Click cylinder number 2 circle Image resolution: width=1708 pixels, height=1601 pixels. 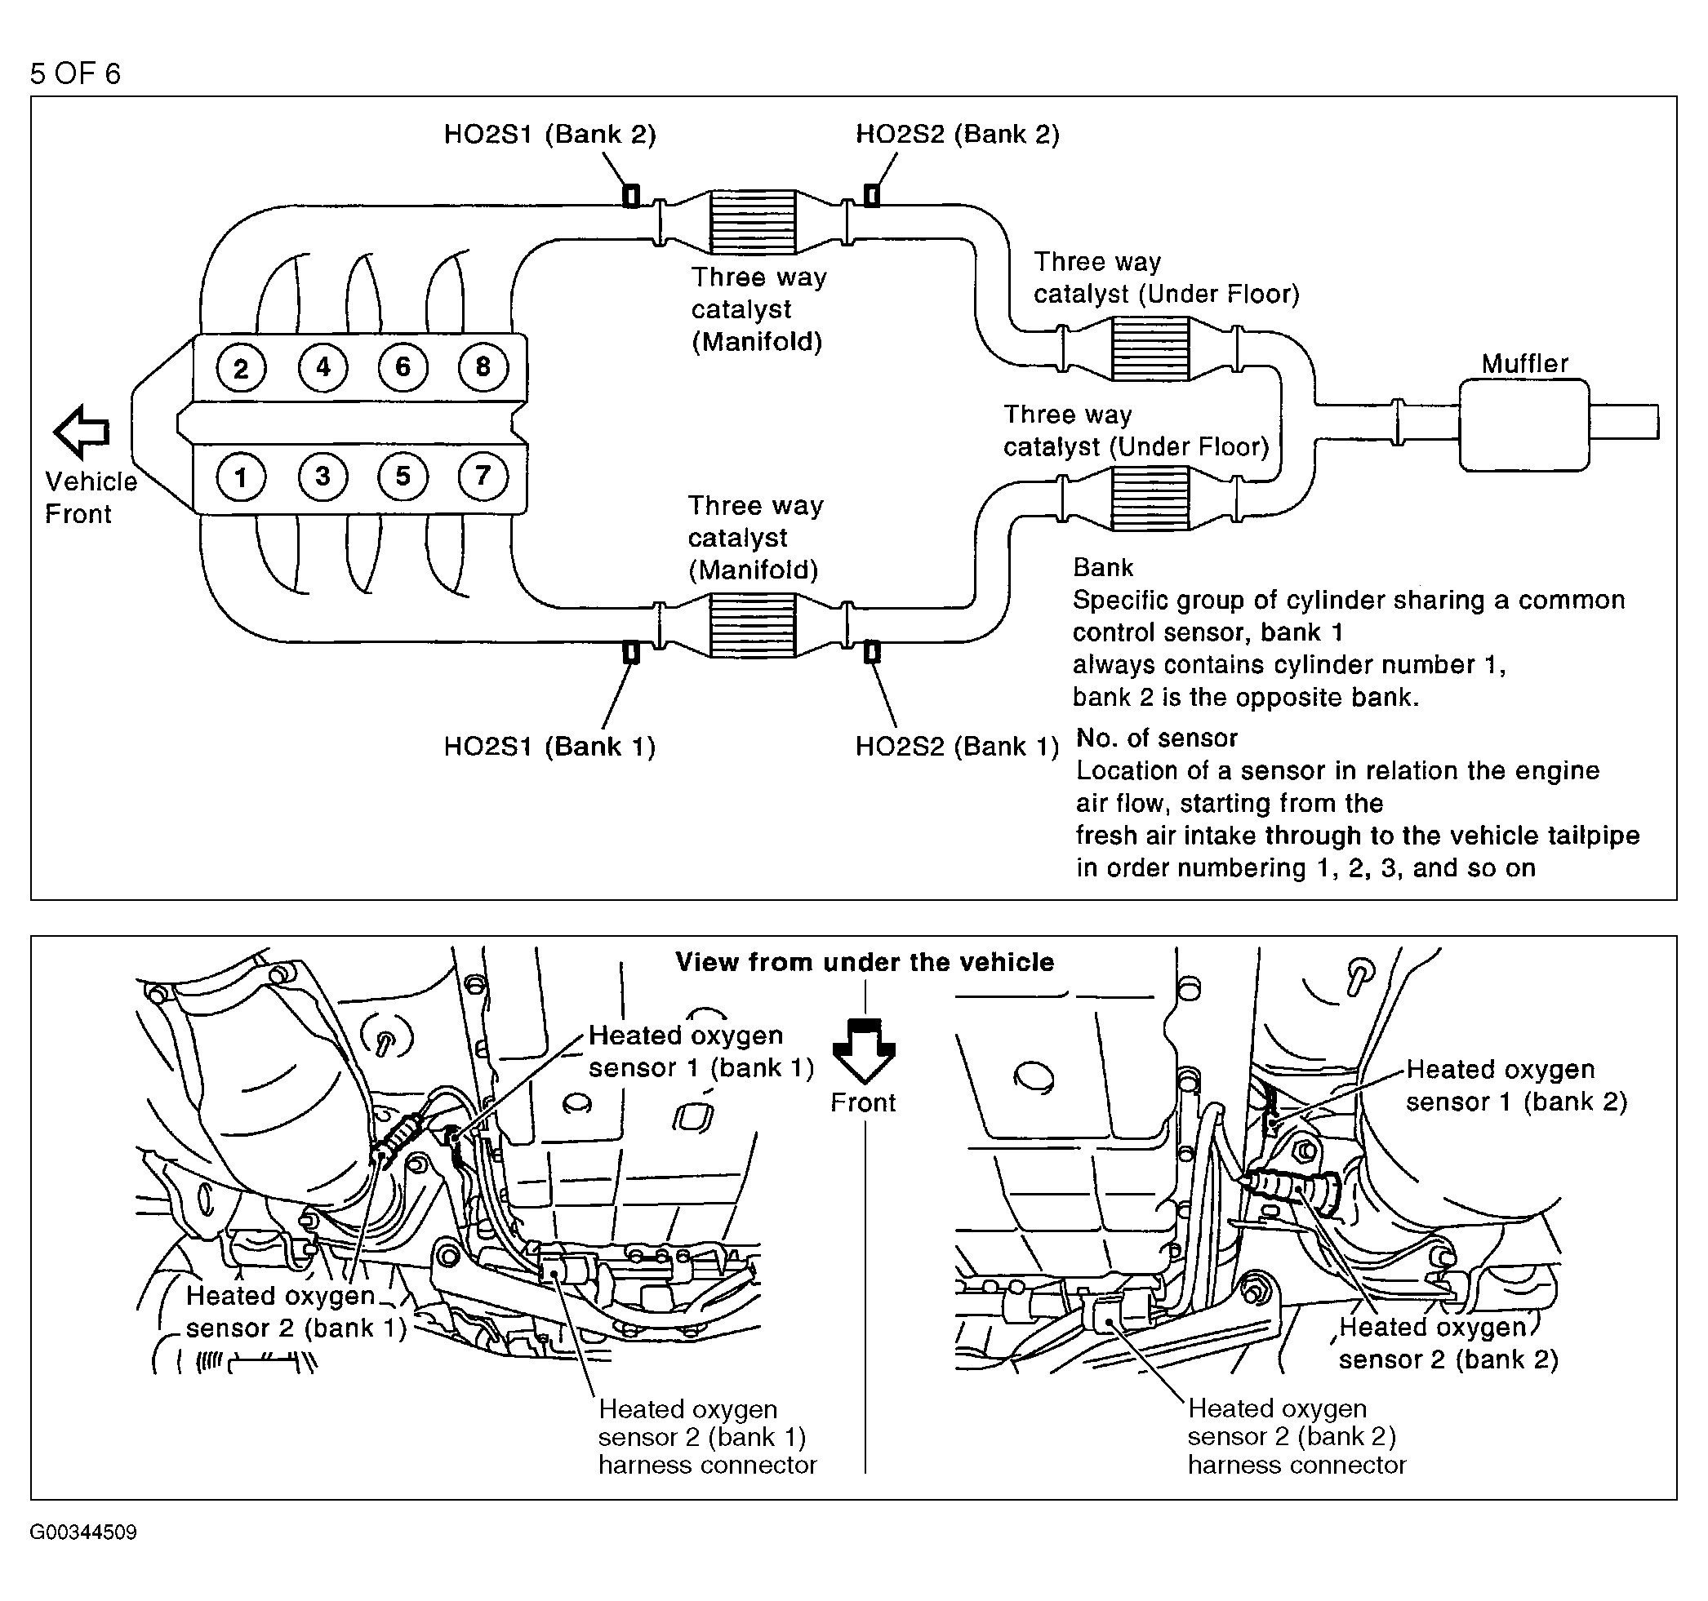point(241,369)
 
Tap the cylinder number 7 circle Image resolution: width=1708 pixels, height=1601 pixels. point(483,476)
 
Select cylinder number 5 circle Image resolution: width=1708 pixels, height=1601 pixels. point(403,476)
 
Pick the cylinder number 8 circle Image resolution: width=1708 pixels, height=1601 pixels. point(483,368)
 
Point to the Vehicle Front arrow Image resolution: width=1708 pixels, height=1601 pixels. point(82,431)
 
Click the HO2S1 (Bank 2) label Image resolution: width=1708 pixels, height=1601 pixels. point(549,134)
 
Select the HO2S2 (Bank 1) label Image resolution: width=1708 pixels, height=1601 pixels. point(956,746)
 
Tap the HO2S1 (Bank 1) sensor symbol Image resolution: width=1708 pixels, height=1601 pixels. point(630,652)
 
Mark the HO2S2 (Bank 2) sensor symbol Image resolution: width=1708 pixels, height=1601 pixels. point(871,196)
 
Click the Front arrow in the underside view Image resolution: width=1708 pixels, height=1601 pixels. point(864,1049)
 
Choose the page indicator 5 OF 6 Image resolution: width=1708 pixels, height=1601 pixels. point(76,74)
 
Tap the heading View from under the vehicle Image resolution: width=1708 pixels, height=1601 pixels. point(865,962)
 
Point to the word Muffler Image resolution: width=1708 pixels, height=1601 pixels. point(1524,363)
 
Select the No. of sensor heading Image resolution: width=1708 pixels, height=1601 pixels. point(1156,738)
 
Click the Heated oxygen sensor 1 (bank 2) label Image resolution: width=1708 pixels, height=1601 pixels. point(1515,1084)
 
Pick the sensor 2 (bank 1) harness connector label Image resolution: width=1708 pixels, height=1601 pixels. point(706,1437)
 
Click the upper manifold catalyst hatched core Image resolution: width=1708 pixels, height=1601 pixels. point(753,222)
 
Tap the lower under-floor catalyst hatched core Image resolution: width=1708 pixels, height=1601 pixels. point(1150,498)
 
